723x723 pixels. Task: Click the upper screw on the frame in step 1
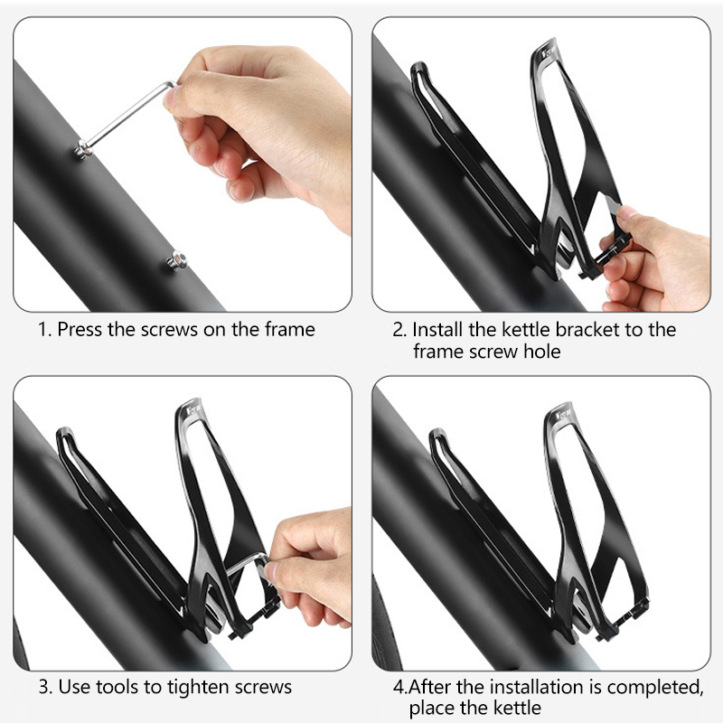tap(83, 150)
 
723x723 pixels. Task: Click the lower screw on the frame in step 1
tap(177, 261)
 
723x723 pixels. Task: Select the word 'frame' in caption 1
tap(289, 329)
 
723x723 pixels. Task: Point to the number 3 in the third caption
tap(44, 687)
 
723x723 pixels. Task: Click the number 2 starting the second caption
tap(399, 330)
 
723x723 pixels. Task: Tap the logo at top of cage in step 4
tap(564, 414)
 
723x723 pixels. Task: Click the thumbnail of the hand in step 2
tap(626, 212)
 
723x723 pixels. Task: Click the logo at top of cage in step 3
tap(194, 408)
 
